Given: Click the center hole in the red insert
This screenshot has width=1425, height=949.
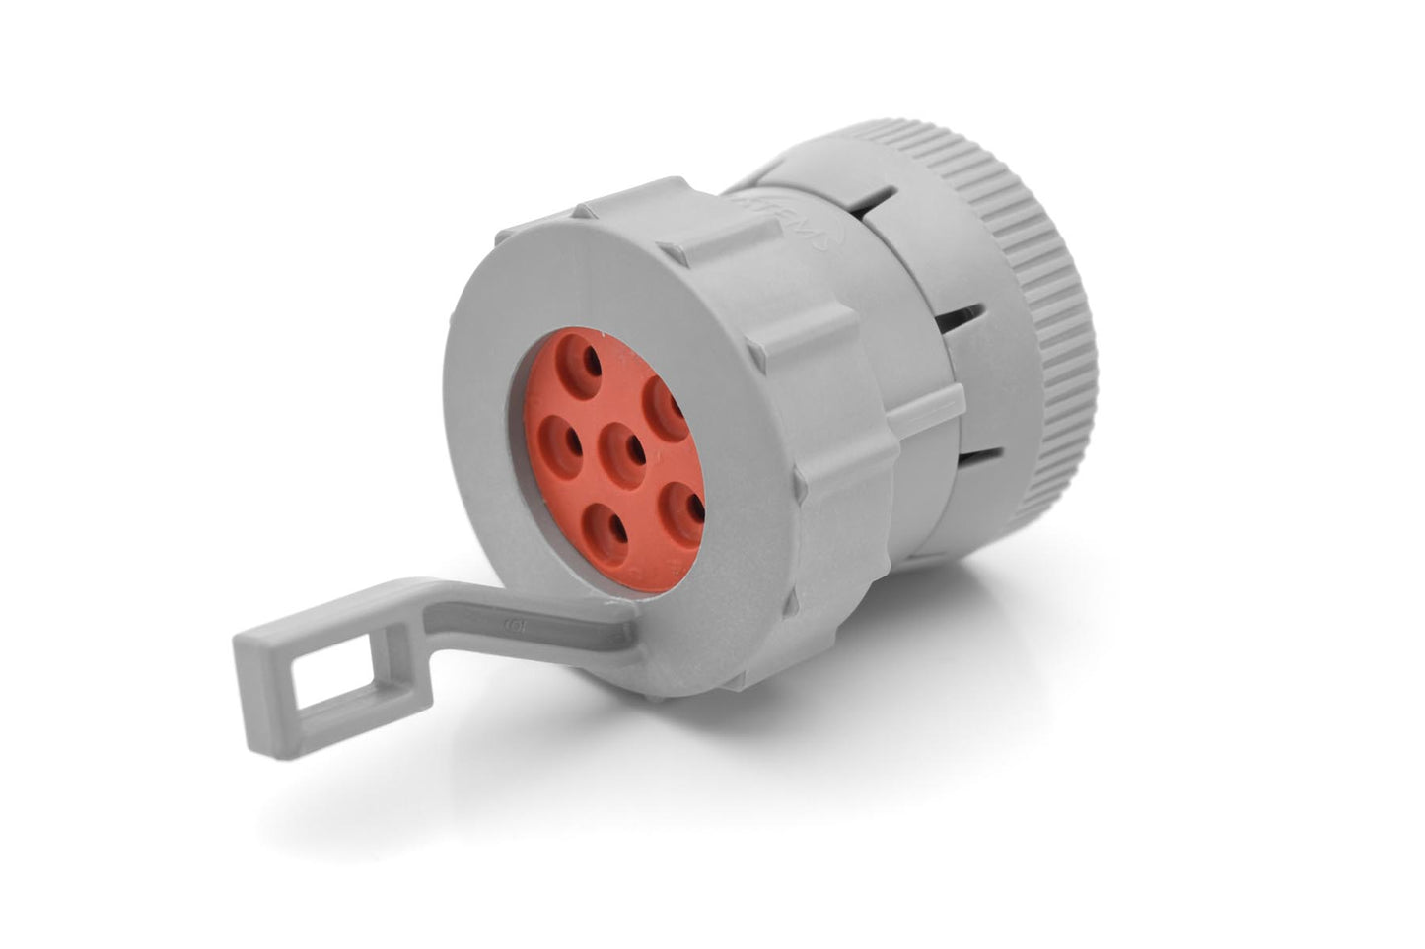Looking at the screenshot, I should (x=628, y=452).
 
